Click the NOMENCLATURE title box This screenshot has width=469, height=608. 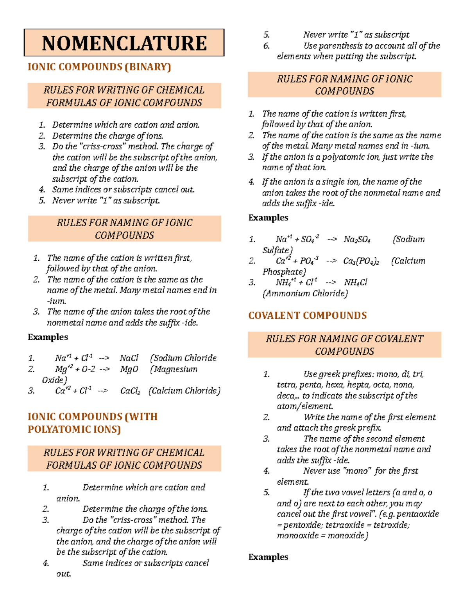124,43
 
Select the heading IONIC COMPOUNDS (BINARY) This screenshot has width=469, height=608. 99,67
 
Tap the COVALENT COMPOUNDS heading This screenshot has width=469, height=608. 307,316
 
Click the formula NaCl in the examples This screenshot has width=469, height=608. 129,358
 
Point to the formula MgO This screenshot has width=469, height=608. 129,369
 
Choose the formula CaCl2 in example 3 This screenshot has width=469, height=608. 130,391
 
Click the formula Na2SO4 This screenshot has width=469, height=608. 357,240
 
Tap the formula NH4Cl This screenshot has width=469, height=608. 355,283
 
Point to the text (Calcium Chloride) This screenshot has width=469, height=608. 184,391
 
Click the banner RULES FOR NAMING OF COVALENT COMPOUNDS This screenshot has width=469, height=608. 344,345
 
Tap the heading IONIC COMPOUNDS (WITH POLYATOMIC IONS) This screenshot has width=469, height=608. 93,423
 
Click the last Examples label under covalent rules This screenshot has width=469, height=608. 268,557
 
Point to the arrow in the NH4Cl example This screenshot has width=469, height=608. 330,283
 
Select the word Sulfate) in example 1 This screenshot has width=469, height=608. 277,250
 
